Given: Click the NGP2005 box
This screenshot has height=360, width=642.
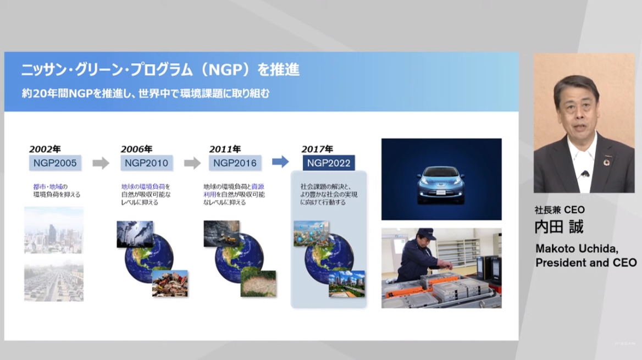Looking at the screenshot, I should tap(56, 163).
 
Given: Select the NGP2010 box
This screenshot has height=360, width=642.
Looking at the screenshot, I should tap(146, 163).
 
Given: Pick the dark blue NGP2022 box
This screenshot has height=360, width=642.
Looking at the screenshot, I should tap(329, 163).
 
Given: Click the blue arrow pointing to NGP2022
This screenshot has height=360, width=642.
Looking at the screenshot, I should tap(280, 162).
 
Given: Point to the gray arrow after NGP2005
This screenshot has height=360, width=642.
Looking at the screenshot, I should tap(101, 163).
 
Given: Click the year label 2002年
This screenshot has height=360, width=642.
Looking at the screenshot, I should tap(45, 149).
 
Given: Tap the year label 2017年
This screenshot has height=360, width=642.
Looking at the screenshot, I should tap(317, 149).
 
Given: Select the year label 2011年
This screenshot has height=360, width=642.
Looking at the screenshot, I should tap(225, 149).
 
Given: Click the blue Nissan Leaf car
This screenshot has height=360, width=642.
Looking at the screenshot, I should tap(441, 181).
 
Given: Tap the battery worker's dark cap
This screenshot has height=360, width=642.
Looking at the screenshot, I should tap(425, 232).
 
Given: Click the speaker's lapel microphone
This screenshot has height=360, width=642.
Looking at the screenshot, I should tap(584, 174).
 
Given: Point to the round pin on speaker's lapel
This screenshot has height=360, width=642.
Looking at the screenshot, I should tap(607, 163).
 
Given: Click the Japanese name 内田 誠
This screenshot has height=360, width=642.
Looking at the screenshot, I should tap(559, 227).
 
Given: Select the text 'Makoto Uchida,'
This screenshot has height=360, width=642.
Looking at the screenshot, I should tap(569, 249).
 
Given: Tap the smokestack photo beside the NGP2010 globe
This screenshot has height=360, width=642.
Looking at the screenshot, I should tap(135, 234).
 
